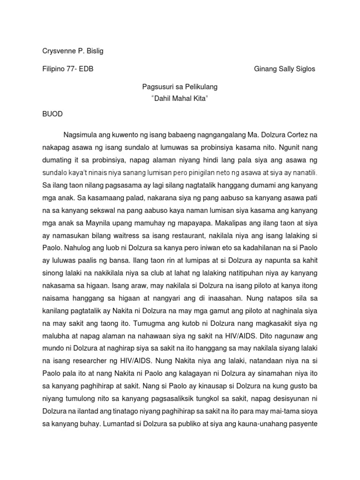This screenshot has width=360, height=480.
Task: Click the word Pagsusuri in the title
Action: coord(157,87)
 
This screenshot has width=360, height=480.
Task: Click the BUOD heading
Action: coord(52,114)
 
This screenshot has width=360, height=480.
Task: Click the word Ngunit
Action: coord(286,147)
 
